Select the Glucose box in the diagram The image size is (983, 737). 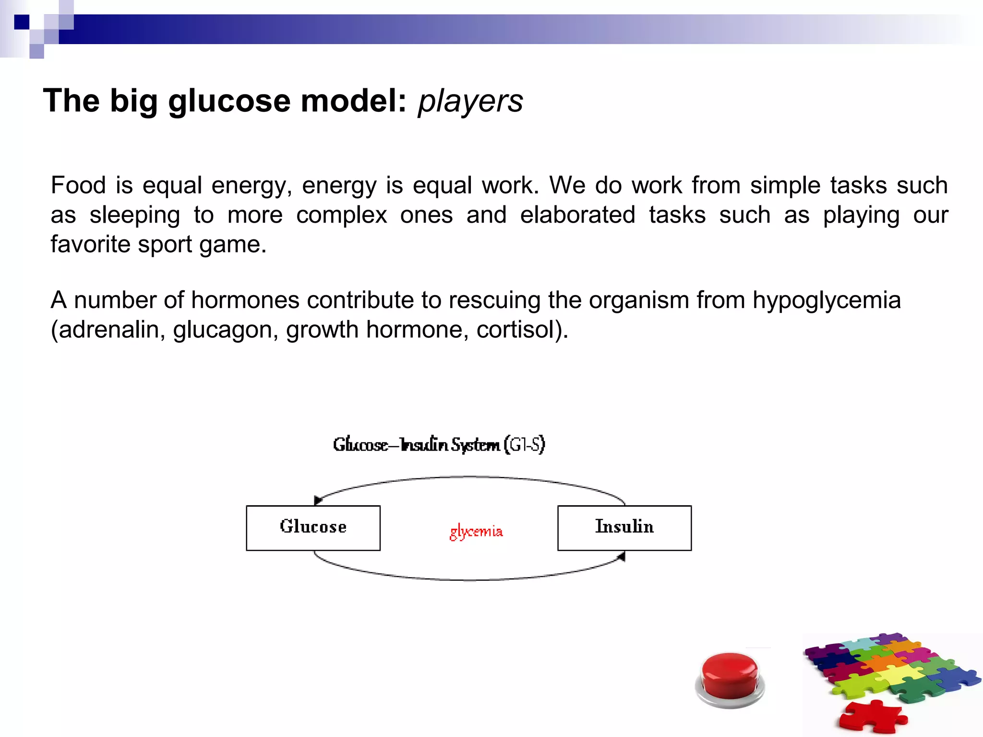[313, 528]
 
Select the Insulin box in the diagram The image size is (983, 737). [624, 528]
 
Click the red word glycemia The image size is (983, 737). [476, 532]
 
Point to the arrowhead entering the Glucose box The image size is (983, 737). [317, 500]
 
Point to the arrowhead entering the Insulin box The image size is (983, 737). [621, 557]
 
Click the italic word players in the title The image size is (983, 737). [470, 101]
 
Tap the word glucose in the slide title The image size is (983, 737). [229, 101]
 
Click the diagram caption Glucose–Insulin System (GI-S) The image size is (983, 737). [439, 445]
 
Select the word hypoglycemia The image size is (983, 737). [826, 301]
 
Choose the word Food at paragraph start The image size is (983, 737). [78, 185]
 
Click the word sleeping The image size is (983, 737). [135, 215]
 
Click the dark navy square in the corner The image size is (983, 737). [22, 22]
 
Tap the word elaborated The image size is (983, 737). [577, 215]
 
